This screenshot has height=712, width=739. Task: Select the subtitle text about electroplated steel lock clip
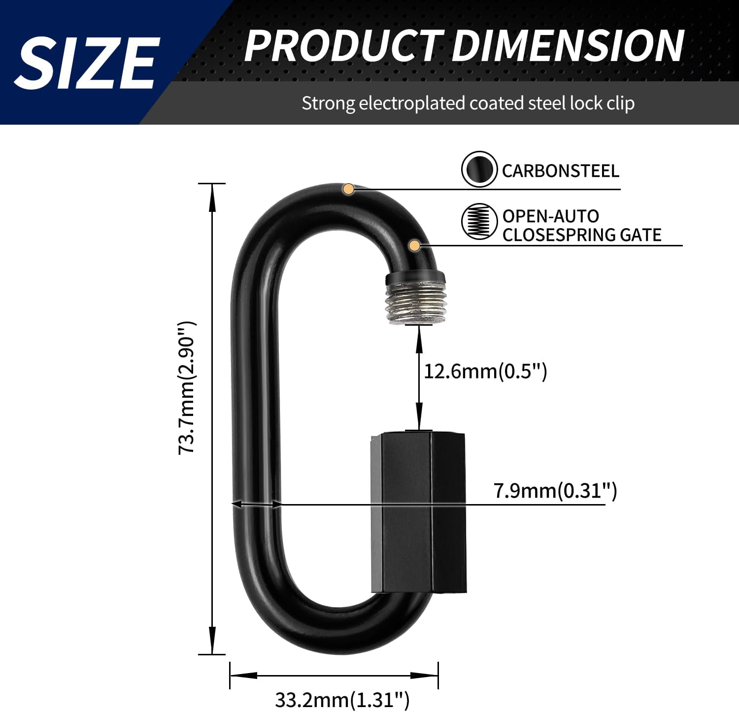coord(468,103)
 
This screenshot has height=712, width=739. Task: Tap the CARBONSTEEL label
coord(560,171)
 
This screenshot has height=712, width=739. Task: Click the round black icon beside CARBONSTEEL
coord(479,170)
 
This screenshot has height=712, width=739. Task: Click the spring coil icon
coord(479,222)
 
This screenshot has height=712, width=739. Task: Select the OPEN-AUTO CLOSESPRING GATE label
coord(581,226)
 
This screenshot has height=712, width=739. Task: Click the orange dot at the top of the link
coord(348,189)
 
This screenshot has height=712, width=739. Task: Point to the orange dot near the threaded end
coord(414,245)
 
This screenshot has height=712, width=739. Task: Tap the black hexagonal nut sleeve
coord(418,512)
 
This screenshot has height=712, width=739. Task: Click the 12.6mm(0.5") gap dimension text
coord(485,371)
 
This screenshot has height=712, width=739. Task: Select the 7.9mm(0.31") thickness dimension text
coord(555,491)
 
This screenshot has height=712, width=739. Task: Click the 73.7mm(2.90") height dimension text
coord(187,387)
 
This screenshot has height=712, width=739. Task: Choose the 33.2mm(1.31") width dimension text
coord(342,699)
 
